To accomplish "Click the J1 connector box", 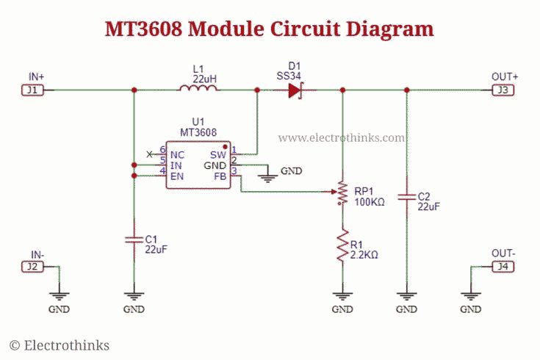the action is [32, 90].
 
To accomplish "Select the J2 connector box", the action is [32, 267].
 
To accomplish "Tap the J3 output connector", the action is [503, 90].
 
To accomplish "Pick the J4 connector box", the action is [503, 267].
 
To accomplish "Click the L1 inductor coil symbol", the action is [198, 88].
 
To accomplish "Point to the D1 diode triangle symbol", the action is [295, 90].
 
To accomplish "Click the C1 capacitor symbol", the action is [134, 240].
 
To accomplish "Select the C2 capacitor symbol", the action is [407, 197].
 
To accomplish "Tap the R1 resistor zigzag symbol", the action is [342, 245].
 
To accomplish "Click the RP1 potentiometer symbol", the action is [342, 192].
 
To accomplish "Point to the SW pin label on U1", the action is [218, 155].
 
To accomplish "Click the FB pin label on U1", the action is [220, 176].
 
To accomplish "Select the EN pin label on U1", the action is [177, 176].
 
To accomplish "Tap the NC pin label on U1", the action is [177, 155].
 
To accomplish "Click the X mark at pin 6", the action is [149, 154].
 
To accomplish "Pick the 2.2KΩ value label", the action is [364, 255].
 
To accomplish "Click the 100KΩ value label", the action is [369, 202].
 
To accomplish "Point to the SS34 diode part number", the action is [289, 76].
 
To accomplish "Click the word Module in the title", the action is [226, 29].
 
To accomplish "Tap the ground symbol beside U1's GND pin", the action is [267, 178].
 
